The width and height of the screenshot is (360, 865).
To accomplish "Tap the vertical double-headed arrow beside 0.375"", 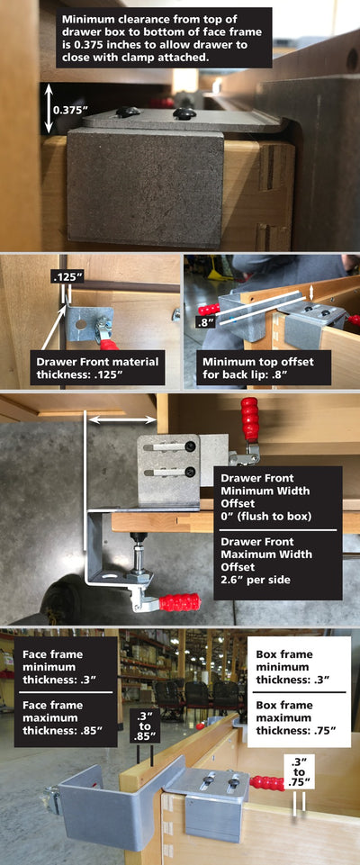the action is [49, 109].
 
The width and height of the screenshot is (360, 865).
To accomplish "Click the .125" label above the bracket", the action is [67, 276].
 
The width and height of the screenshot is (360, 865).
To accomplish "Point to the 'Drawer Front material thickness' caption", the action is [97, 367].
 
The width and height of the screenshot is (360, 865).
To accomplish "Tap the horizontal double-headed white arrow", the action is [122, 420].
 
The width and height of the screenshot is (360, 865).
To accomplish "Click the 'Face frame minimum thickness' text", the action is [53, 667].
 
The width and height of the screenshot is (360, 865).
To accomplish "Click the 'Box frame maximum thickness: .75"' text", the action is [297, 717].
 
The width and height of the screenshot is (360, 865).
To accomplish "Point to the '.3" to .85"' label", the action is [145, 725].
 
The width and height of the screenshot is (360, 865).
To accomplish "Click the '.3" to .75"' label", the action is [300, 770].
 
